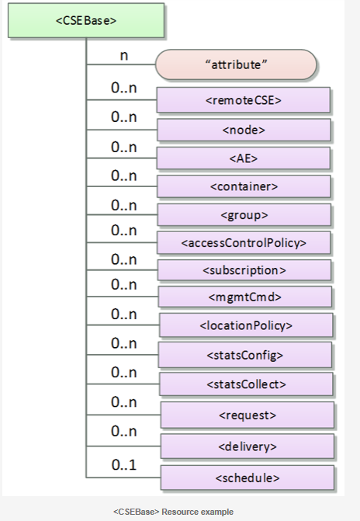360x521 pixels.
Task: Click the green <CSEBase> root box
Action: pyautogui.click(x=86, y=20)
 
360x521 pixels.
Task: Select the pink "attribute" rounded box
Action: pyautogui.click(x=236, y=64)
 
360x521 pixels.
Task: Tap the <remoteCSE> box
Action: pyautogui.click(x=244, y=99)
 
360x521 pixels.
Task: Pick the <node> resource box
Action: pyautogui.click(x=244, y=130)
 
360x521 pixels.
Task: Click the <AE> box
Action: pyautogui.click(x=244, y=158)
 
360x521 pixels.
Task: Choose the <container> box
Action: pyautogui.click(x=244, y=186)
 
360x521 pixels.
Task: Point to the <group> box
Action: pyautogui.click(x=244, y=214)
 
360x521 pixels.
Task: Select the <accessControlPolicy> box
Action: pyautogui.click(x=244, y=242)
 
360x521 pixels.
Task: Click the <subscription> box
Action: pyautogui.click(x=244, y=270)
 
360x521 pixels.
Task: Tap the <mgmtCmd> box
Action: pyautogui.click(x=244, y=297)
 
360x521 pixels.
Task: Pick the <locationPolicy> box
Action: pyautogui.click(x=246, y=325)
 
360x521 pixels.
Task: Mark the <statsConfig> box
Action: pyautogui.click(x=244, y=355)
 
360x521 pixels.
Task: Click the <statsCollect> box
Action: pyautogui.click(x=246, y=384)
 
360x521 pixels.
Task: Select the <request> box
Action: pyautogui.click(x=247, y=415)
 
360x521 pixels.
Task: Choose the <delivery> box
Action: pyautogui.click(x=247, y=446)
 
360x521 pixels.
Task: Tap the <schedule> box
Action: pyautogui.click(x=247, y=478)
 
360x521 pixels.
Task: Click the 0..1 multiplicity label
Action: pyautogui.click(x=124, y=464)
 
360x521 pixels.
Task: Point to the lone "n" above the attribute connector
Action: pyautogui.click(x=124, y=55)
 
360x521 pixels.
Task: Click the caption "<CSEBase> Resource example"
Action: pyautogui.click(x=173, y=512)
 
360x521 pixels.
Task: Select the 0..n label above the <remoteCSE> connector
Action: pyautogui.click(x=124, y=88)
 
